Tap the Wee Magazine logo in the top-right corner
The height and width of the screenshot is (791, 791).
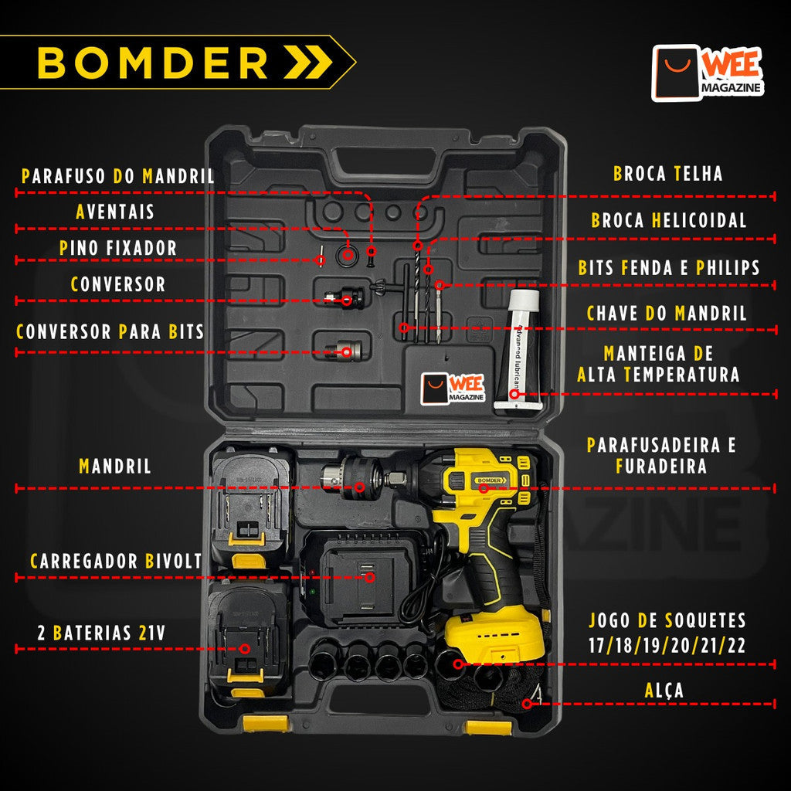tap(708, 73)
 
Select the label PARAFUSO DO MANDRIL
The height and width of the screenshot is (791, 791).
tap(118, 176)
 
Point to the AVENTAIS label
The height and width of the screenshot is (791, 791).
tap(115, 212)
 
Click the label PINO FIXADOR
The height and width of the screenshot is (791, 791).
tap(118, 248)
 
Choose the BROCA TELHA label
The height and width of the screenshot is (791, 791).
tap(668, 173)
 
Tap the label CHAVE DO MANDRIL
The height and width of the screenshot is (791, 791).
tap(667, 314)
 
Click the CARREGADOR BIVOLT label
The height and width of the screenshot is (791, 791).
tap(116, 562)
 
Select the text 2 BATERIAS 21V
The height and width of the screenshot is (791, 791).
tap(101, 633)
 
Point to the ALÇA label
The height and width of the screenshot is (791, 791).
tap(664, 690)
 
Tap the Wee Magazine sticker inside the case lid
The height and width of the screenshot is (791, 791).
tap(453, 389)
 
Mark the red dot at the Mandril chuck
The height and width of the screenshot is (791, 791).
tap(359, 487)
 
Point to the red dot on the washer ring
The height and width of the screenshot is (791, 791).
tap(349, 254)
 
